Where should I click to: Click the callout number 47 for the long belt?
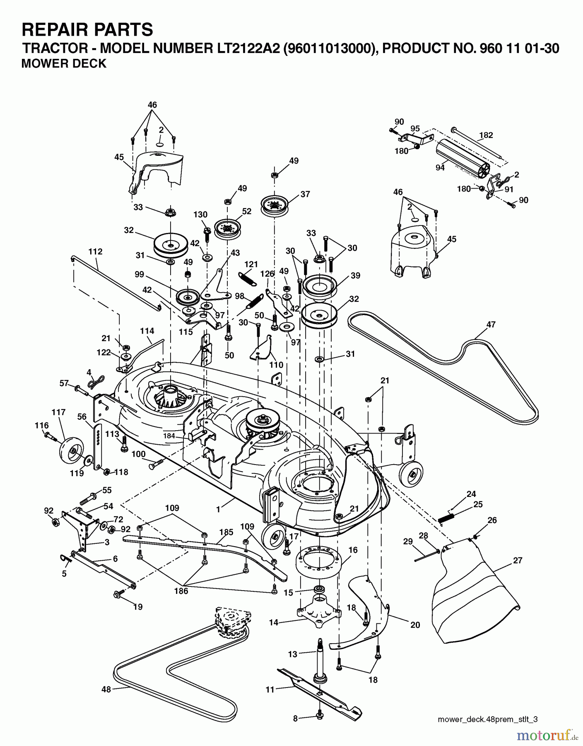[x=491, y=325]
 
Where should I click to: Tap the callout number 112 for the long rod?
[x=95, y=252]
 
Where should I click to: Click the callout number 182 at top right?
[x=486, y=135]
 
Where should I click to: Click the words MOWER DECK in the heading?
[x=64, y=63]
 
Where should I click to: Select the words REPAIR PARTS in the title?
[x=87, y=30]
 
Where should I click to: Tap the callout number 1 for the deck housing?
[x=219, y=509]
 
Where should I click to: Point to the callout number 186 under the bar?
[x=181, y=591]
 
